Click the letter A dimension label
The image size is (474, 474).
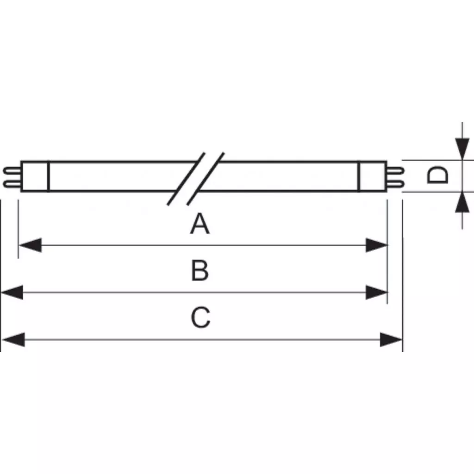click(200, 224)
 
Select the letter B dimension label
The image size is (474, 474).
click(200, 270)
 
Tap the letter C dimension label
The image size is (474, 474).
click(200, 317)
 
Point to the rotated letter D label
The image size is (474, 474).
click(437, 175)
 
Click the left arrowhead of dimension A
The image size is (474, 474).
click(30, 245)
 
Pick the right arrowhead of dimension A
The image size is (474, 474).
click(376, 245)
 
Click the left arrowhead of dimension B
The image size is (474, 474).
click(12, 293)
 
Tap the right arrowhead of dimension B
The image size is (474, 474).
click(376, 293)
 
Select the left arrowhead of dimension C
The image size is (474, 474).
click(13, 339)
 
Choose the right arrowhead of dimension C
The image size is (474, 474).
click(391, 339)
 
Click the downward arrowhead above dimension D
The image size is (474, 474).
click(462, 149)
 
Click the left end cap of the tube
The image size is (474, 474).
click(35, 176)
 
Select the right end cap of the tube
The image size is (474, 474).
click(373, 176)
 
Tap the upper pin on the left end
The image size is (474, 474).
click(12, 170)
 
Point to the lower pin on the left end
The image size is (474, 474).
click(12, 183)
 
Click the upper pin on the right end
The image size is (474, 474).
click(395, 170)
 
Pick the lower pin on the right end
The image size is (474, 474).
click(395, 183)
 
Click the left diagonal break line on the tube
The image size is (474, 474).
click(186, 179)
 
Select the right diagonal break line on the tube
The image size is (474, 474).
click(206, 179)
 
